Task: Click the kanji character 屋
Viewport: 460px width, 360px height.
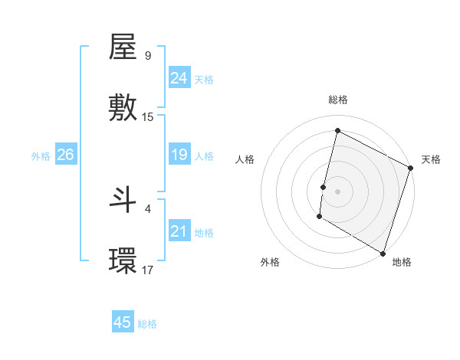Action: (x=123, y=48)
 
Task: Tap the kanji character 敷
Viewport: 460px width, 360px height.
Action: (x=123, y=108)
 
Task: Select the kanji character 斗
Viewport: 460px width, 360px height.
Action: (x=123, y=201)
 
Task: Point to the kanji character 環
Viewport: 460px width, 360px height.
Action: (x=123, y=260)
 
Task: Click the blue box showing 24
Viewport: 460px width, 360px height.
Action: (x=179, y=78)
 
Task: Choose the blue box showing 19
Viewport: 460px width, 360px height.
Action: (x=179, y=155)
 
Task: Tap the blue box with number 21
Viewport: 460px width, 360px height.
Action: (x=179, y=231)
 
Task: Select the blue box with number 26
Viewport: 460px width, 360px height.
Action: (x=65, y=155)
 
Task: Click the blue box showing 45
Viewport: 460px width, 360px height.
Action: (x=123, y=322)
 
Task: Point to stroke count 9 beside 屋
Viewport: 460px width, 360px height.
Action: (x=147, y=56)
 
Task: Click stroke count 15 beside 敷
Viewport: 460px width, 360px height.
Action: (x=148, y=117)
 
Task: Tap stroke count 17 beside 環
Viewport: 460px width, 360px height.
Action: (x=148, y=270)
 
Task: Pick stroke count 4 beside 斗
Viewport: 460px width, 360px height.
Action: (x=147, y=208)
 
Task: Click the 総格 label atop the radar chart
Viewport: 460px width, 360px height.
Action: (x=338, y=100)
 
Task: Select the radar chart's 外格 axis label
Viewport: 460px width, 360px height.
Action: (x=270, y=262)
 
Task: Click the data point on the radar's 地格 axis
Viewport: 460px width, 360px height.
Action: (x=383, y=253)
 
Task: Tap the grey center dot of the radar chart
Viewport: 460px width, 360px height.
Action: (x=338, y=191)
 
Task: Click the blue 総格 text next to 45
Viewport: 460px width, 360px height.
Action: (x=147, y=324)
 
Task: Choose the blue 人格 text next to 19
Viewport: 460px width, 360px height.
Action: (x=204, y=156)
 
